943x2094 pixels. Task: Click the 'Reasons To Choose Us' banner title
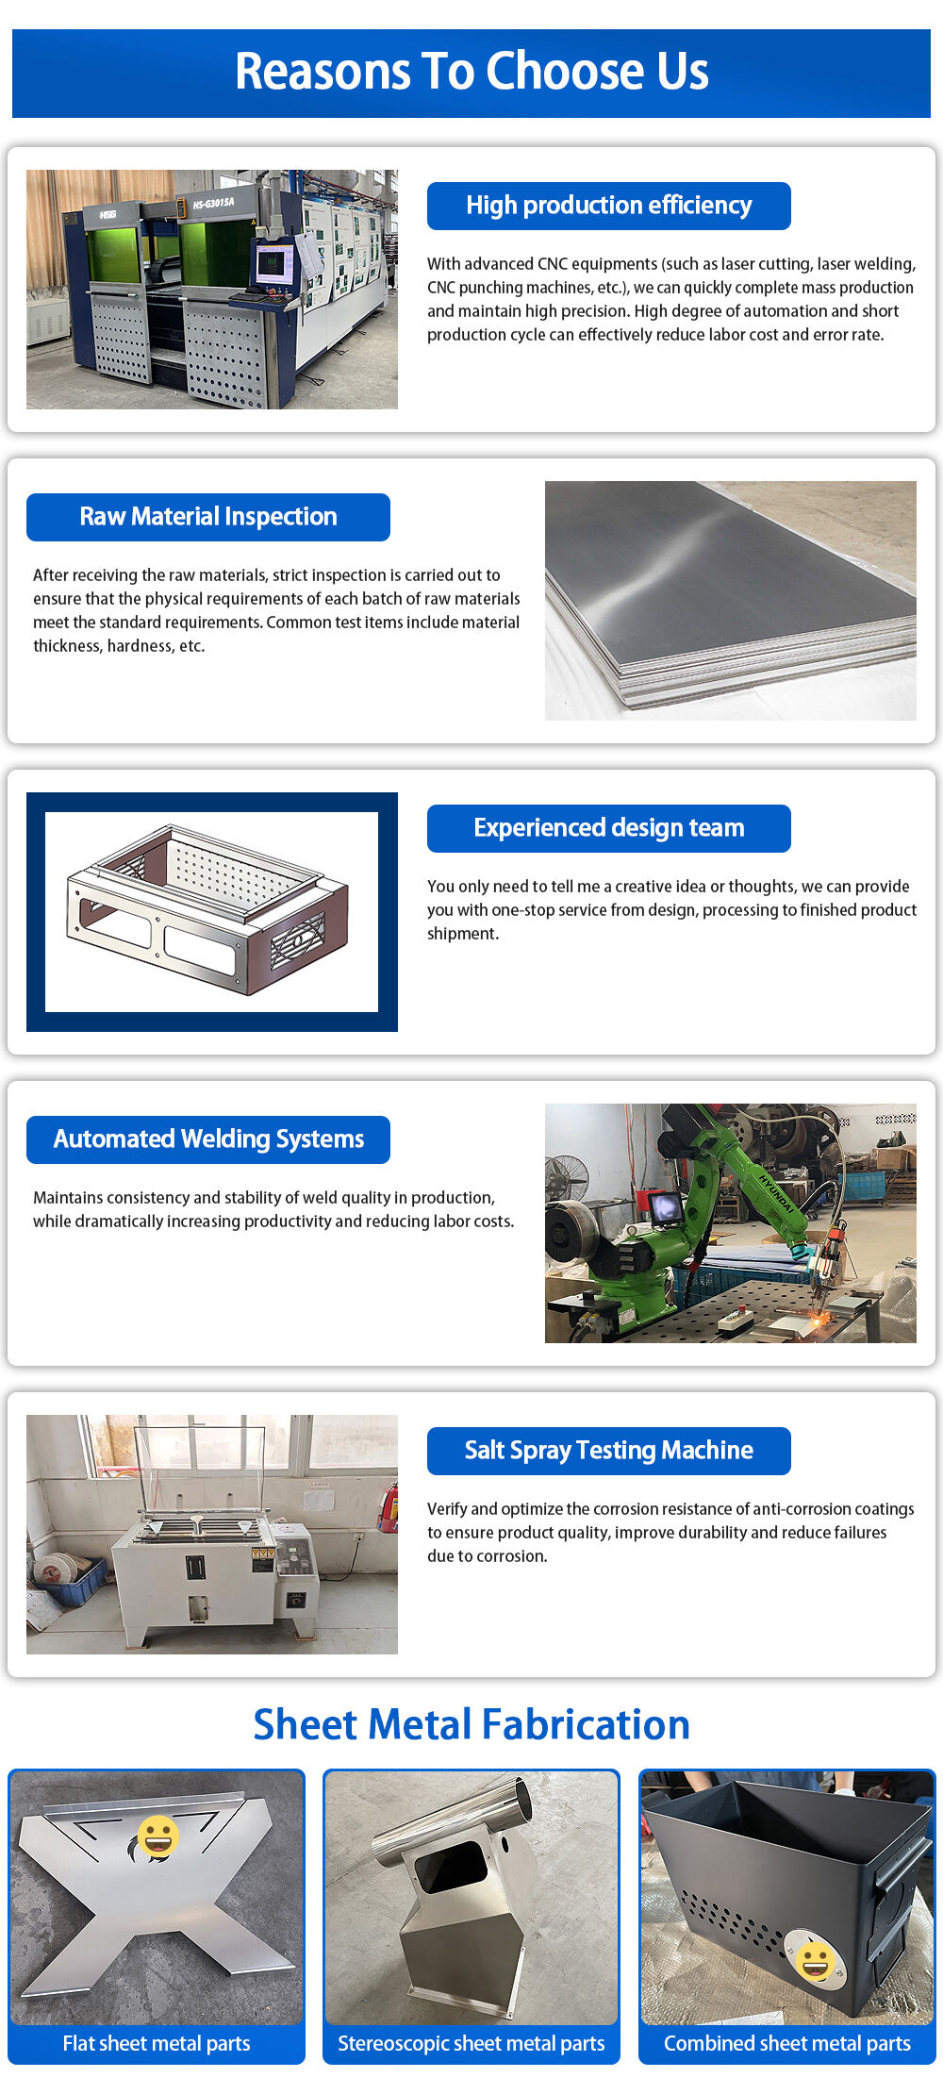(x=471, y=72)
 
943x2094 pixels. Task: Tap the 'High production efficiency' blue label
(x=608, y=206)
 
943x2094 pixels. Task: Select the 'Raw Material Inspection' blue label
(x=207, y=517)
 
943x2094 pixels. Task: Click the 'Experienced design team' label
(x=608, y=828)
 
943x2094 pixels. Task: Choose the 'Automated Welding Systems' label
(x=207, y=1139)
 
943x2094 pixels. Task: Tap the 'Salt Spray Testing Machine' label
(x=608, y=1451)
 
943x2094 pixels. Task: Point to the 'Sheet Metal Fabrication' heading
(x=471, y=1724)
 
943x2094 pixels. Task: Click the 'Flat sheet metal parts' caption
(x=157, y=2043)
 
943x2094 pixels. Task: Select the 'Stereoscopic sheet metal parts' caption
(x=471, y=2043)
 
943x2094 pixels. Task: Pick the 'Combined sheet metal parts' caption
(x=786, y=2043)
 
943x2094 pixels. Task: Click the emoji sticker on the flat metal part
(x=157, y=1836)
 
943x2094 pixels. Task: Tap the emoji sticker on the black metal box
(x=815, y=1961)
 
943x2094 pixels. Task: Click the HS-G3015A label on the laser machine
(x=213, y=203)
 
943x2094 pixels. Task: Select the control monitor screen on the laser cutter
(x=274, y=262)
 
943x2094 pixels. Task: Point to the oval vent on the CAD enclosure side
(x=297, y=941)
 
